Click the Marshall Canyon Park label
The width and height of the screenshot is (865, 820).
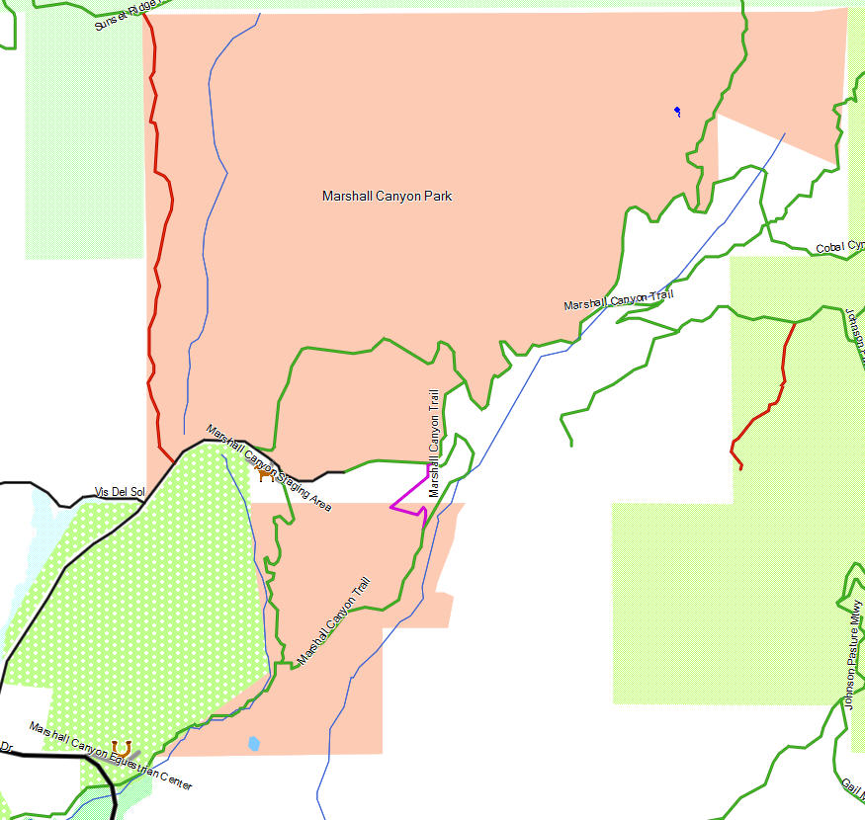click(387, 197)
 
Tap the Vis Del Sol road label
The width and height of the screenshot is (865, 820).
click(119, 492)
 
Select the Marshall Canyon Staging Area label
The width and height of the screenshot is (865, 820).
click(269, 466)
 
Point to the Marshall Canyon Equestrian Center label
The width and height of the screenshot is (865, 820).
click(111, 757)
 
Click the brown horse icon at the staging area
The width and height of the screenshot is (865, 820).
click(264, 475)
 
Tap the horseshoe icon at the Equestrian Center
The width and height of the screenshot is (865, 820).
click(121, 746)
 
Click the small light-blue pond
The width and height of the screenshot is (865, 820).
click(255, 743)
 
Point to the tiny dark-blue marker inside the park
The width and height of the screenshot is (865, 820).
click(677, 110)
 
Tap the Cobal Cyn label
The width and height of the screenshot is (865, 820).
click(839, 247)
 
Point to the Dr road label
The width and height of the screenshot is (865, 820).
click(6, 747)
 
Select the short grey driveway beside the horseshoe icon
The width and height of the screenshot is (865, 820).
click(134, 754)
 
